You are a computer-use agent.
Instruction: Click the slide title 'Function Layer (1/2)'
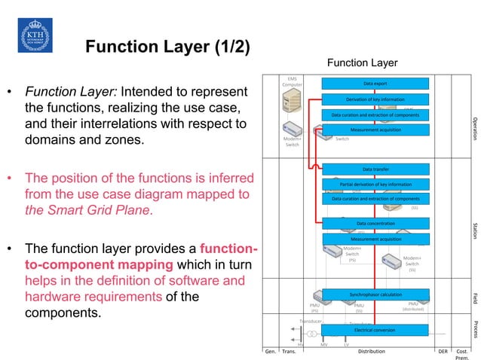click(x=167, y=47)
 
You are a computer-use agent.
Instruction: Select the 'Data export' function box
click(x=375, y=84)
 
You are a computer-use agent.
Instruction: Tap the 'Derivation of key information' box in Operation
click(x=375, y=99)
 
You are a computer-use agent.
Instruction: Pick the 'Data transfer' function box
click(x=375, y=169)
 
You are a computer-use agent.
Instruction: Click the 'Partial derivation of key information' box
click(x=375, y=184)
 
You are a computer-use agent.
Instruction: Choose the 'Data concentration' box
click(x=375, y=224)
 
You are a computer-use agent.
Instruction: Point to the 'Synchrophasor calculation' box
click(x=375, y=294)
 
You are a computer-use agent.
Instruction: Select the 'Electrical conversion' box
click(x=375, y=330)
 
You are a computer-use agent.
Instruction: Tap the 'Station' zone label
click(x=474, y=230)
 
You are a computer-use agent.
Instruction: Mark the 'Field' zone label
click(x=474, y=297)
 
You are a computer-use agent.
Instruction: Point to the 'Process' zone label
click(x=474, y=330)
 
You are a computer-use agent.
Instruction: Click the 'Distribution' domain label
click(x=371, y=351)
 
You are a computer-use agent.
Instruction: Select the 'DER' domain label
click(x=443, y=351)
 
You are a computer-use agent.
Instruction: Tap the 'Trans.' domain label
click(x=289, y=351)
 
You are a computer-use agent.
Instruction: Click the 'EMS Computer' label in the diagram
click(x=293, y=81)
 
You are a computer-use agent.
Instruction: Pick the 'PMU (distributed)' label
click(x=413, y=306)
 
